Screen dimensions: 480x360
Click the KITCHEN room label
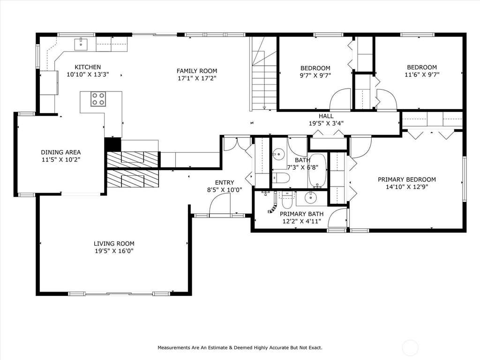pyautogui.click(x=88, y=67)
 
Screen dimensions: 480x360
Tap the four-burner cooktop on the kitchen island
pyautogui.click(x=98, y=99)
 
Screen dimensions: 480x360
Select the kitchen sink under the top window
pyautogui.click(x=81, y=44)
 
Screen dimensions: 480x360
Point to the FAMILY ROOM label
pyautogui.click(x=197, y=71)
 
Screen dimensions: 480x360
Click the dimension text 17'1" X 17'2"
pyautogui.click(x=197, y=78)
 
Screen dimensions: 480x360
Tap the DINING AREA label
pyautogui.click(x=61, y=152)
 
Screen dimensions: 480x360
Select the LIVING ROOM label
pyautogui.click(x=114, y=244)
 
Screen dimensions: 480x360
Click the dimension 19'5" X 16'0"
pyautogui.click(x=114, y=251)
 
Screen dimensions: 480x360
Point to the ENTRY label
pyautogui.click(x=225, y=182)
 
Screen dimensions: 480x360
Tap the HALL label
pyautogui.click(x=326, y=116)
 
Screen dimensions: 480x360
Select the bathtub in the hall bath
pyautogui.click(x=317, y=170)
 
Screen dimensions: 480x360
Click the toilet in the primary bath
pyautogui.click(x=287, y=200)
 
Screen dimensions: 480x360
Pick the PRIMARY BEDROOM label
pyautogui.click(x=407, y=180)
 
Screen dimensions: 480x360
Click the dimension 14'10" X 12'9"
pyautogui.click(x=407, y=187)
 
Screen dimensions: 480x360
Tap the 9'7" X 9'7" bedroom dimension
pyautogui.click(x=315, y=75)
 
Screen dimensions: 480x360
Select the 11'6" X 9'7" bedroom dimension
pyautogui.click(x=422, y=75)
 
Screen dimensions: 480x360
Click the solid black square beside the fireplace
pyautogui.click(x=113, y=144)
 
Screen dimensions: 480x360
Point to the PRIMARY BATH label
pyautogui.click(x=301, y=214)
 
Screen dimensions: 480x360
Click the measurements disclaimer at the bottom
pyautogui.click(x=240, y=348)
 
